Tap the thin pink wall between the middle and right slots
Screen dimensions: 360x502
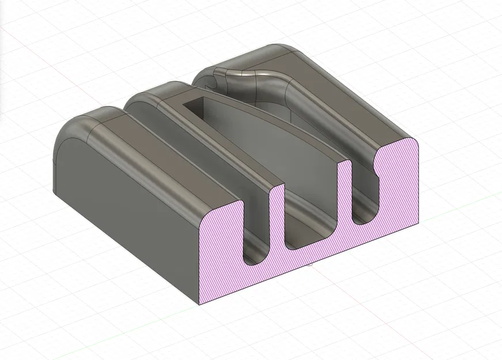click(x=345, y=190)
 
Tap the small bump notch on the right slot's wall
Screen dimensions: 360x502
click(x=378, y=166)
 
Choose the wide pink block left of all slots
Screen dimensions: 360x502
click(x=222, y=253)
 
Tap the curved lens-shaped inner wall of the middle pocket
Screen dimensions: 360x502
click(x=271, y=144)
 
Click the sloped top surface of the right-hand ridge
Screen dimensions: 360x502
click(x=346, y=98)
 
